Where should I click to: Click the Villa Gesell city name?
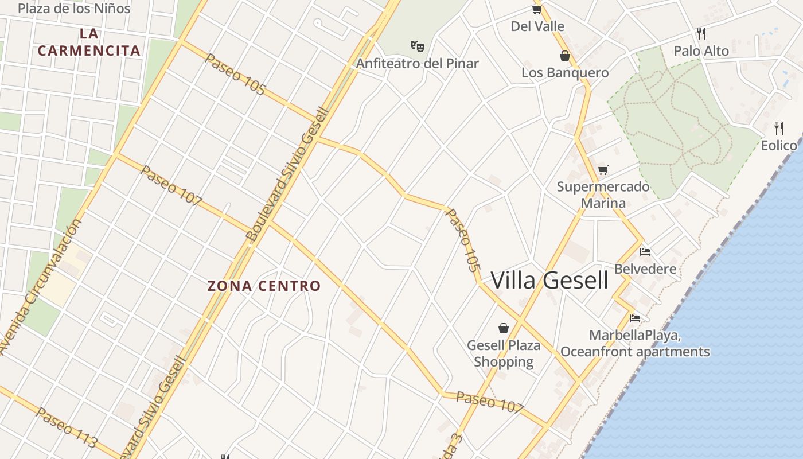pyautogui.click(x=549, y=280)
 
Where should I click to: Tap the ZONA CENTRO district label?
pyautogui.click(x=264, y=286)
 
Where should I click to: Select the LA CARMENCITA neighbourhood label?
pyautogui.click(x=89, y=42)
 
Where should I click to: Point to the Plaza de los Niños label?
pyautogui.click(x=74, y=9)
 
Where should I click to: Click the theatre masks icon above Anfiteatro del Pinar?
pyautogui.click(x=418, y=46)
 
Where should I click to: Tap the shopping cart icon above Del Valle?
pyautogui.click(x=537, y=9)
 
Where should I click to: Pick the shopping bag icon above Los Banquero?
pyautogui.click(x=565, y=56)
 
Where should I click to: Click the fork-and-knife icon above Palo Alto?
pyautogui.click(x=701, y=33)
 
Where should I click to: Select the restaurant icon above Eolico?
pyautogui.click(x=779, y=127)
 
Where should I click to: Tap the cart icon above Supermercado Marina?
pyautogui.click(x=603, y=170)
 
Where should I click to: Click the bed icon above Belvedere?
pyautogui.click(x=645, y=251)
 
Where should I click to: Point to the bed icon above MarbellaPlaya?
pyautogui.click(x=635, y=318)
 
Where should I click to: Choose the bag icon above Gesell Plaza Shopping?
pyautogui.click(x=504, y=328)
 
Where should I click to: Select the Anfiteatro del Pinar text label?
pyautogui.click(x=418, y=63)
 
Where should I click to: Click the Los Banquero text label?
pyautogui.click(x=565, y=73)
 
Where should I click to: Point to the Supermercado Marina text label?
pyautogui.click(x=603, y=195)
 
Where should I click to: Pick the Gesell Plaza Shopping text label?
pyautogui.click(x=504, y=353)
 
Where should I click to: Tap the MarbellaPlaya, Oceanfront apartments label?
pyautogui.click(x=635, y=343)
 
